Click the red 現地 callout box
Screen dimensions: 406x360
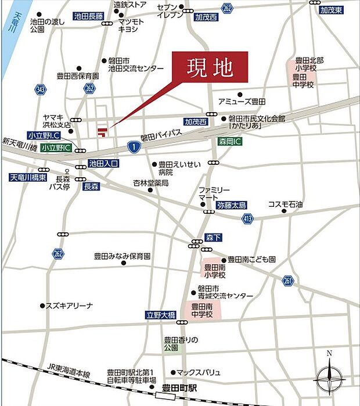210,67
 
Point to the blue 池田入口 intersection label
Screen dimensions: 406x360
103,164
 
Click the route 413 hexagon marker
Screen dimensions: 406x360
249,218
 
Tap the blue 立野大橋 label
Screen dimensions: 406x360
159,315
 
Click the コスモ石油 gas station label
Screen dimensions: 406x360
285,204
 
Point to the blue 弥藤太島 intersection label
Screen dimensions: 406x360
232,206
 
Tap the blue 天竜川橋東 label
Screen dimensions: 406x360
28,177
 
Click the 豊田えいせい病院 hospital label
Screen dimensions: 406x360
174,168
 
